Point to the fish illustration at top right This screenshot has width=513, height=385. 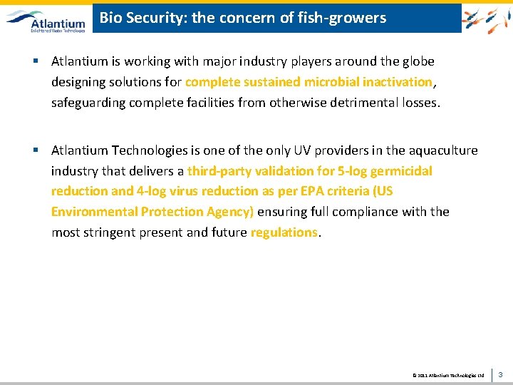[486, 18]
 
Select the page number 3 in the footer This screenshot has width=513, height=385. [500, 374]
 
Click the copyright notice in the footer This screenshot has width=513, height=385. [448, 374]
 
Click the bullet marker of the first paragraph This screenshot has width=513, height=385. [35, 61]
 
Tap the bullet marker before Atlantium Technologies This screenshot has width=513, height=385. [35, 150]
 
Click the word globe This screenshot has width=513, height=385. [417, 62]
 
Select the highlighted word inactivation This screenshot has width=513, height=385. [397, 82]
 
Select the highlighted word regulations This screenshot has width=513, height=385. [284, 232]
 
